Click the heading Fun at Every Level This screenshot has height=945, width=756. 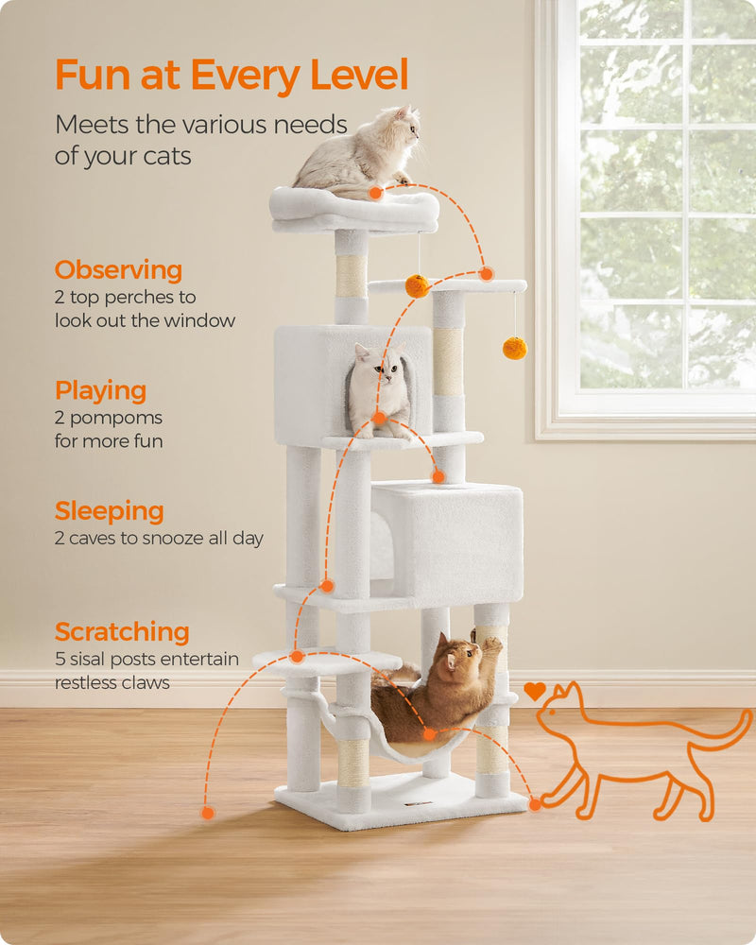[232, 75]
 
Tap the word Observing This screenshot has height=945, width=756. [118, 270]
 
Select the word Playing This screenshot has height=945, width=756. [100, 390]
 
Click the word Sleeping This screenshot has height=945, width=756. [109, 511]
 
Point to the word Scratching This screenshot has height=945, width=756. [122, 631]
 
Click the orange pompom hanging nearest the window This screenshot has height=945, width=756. [514, 348]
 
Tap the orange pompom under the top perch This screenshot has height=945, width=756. [417, 285]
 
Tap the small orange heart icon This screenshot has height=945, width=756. [535, 691]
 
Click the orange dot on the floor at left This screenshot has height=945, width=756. [208, 813]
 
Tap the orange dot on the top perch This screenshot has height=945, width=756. [375, 193]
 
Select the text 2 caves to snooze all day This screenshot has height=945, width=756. [159, 539]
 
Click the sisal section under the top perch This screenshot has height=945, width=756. [351, 276]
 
